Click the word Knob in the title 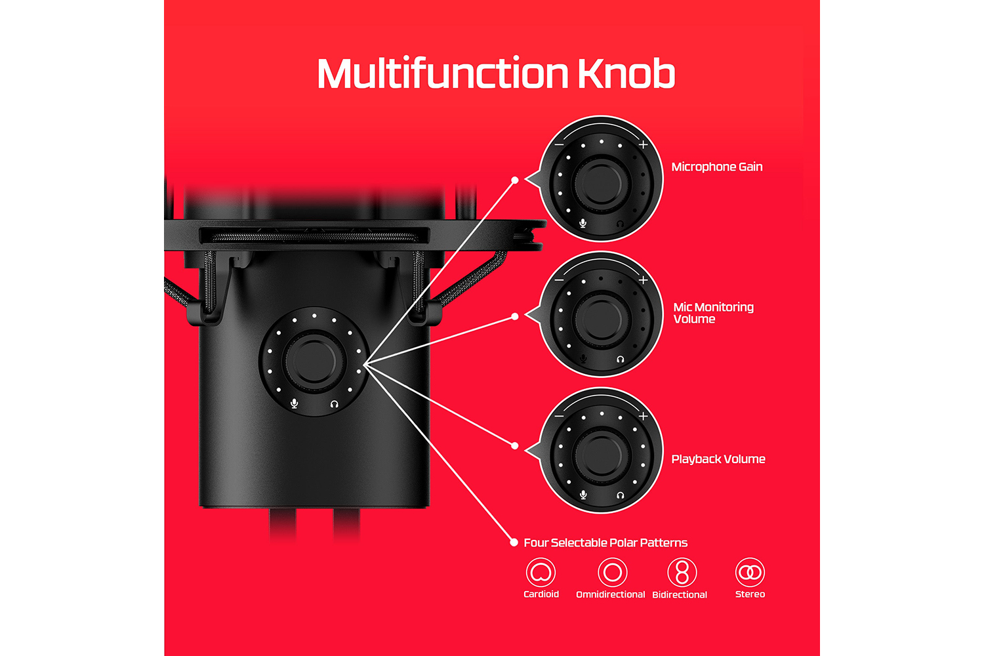click(626, 73)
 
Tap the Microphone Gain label click(717, 167)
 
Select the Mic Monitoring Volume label click(714, 313)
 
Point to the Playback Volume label click(718, 459)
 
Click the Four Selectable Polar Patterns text click(605, 543)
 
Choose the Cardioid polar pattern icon click(541, 572)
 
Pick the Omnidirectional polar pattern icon click(612, 572)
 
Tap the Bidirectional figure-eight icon click(682, 572)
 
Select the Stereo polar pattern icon click(750, 572)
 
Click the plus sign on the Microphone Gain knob click(643, 144)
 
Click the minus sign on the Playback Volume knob click(559, 416)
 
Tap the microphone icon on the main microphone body click(295, 403)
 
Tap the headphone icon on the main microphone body click(335, 404)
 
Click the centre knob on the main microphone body click(314, 361)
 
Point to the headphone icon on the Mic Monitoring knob click(621, 359)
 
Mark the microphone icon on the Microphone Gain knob click(583, 223)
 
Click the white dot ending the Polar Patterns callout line click(514, 543)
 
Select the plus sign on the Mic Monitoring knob click(643, 280)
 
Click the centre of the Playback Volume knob click(601, 455)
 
